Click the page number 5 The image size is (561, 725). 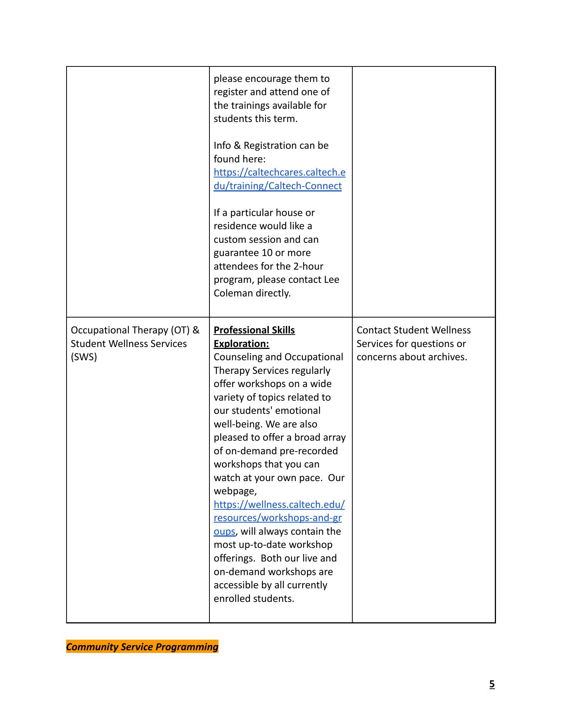click(x=492, y=684)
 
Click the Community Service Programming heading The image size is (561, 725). click(x=142, y=647)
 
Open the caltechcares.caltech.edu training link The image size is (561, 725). click(x=279, y=179)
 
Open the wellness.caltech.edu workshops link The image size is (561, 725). click(x=279, y=518)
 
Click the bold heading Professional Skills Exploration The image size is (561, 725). click(x=254, y=337)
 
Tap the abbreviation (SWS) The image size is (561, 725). click(x=84, y=357)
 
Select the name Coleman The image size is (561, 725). click(x=233, y=293)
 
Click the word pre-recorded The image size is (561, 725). click(x=308, y=451)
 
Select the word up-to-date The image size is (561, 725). click(x=258, y=545)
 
